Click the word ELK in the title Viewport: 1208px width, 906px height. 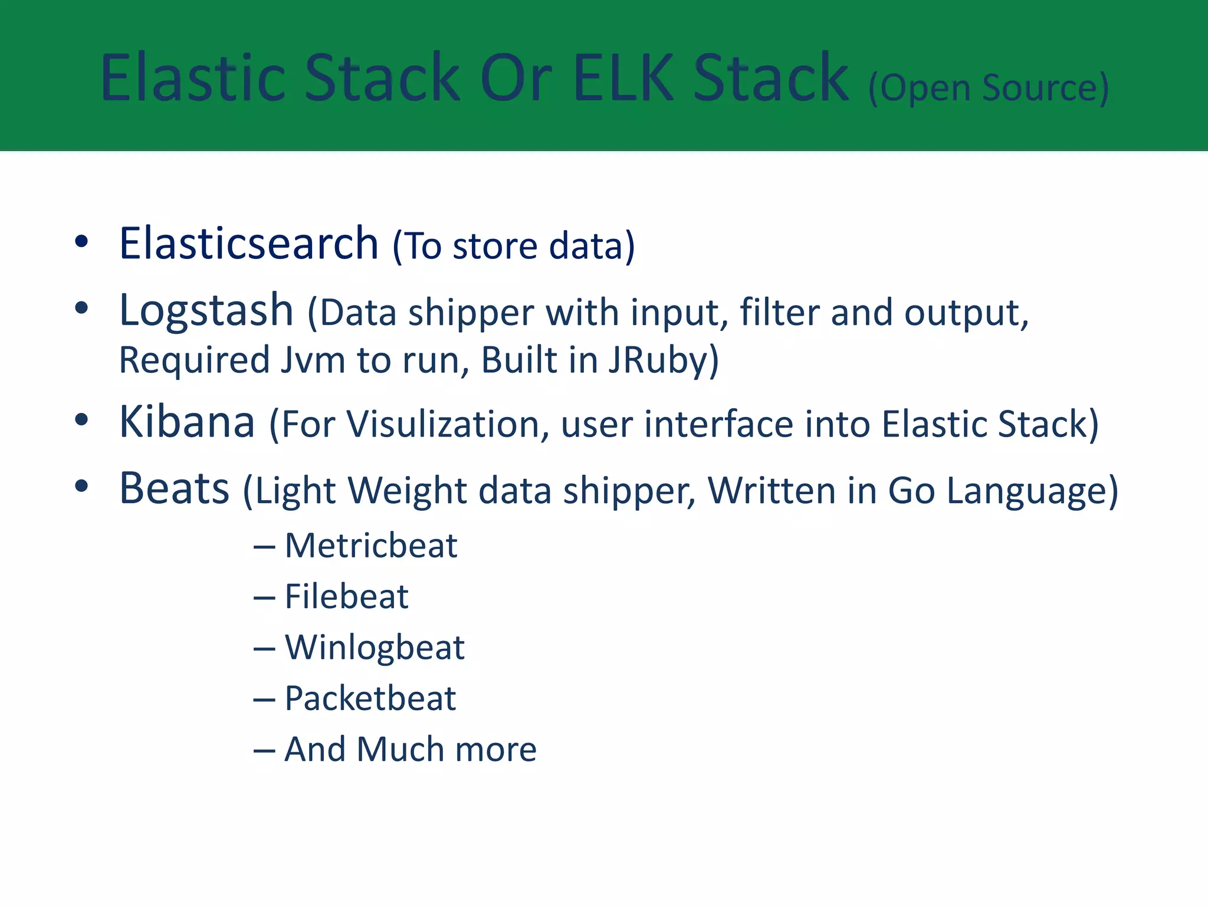[623, 78]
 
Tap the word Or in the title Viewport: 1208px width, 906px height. [516, 78]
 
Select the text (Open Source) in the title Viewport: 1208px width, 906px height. [989, 88]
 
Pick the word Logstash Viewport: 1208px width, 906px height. [206, 311]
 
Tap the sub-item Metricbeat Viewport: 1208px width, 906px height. [370, 545]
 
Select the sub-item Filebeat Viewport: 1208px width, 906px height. [346, 596]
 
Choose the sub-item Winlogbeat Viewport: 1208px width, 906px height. [375, 647]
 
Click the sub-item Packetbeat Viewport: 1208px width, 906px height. [370, 698]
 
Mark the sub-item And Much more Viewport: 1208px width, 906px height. [410, 749]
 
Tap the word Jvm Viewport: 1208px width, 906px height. [313, 360]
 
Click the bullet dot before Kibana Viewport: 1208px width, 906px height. [82, 419]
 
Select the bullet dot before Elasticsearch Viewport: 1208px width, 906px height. [82, 241]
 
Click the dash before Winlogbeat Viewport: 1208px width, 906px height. [264, 649]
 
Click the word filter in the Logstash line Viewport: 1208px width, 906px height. [779, 312]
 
